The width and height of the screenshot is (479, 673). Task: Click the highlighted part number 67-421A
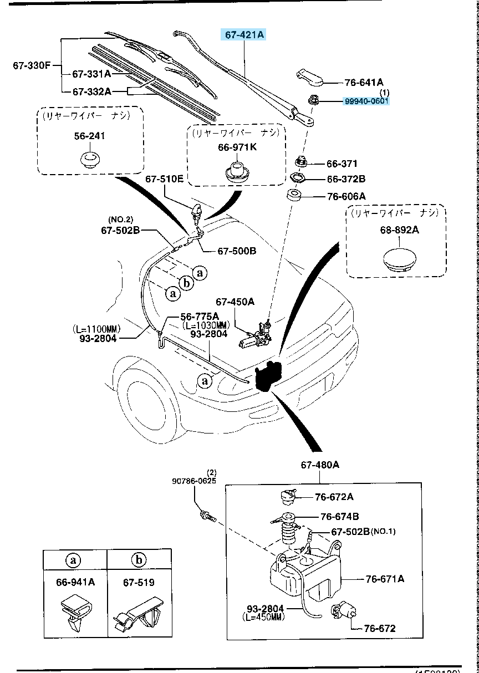[244, 35]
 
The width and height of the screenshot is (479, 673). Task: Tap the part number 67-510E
[164, 179]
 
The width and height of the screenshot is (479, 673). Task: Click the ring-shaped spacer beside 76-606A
[294, 196]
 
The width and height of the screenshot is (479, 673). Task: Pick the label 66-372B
[346, 179]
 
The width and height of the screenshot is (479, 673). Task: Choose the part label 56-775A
[199, 316]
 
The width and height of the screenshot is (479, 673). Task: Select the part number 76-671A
[385, 579]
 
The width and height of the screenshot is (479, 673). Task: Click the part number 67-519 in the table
[139, 583]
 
